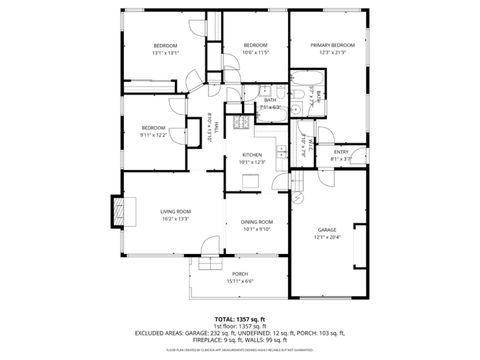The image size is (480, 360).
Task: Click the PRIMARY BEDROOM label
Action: (x=332, y=45)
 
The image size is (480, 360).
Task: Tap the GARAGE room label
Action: (x=327, y=228)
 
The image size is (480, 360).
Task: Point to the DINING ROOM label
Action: (x=257, y=221)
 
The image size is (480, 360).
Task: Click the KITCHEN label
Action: (x=252, y=154)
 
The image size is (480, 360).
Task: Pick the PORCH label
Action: (x=240, y=273)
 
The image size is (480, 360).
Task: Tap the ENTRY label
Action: (x=341, y=152)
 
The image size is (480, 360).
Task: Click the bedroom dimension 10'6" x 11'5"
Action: (x=257, y=53)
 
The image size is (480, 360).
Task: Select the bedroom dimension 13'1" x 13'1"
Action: (x=165, y=53)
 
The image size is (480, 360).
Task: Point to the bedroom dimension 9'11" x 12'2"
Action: (x=153, y=134)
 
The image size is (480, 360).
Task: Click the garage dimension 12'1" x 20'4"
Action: (x=327, y=237)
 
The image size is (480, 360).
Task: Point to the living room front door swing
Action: (x=208, y=246)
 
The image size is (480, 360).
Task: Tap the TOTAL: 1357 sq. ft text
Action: (x=240, y=317)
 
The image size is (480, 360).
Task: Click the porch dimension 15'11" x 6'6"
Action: (x=240, y=281)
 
